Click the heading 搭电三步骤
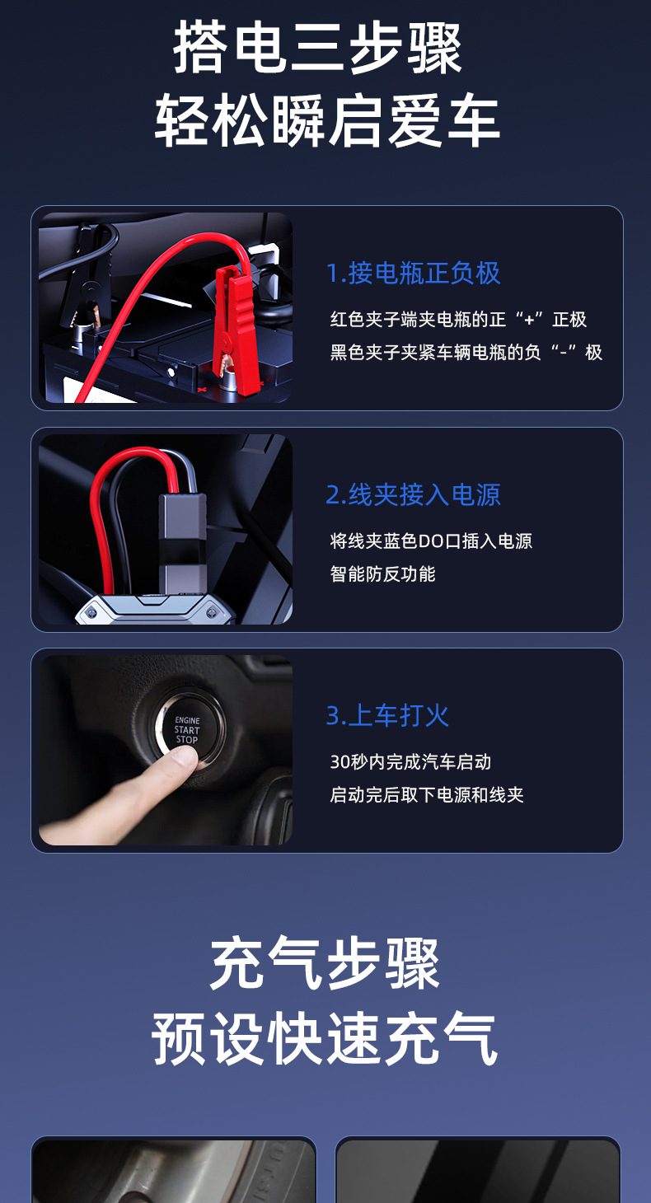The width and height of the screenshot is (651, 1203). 317,49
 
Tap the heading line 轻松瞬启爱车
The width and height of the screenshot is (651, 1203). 327,120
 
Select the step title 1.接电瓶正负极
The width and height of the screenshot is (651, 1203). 413,274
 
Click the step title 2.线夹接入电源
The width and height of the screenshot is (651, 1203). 413,494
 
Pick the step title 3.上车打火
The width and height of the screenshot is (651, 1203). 387,716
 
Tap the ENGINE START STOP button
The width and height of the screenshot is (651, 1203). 188,728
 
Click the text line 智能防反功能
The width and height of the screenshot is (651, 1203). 382,574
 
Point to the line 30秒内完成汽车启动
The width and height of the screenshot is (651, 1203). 410,762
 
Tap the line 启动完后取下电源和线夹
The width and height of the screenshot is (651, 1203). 427,795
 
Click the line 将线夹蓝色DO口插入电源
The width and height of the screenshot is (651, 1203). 431,541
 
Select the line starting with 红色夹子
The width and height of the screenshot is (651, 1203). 458,320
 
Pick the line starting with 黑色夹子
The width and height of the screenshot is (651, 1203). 466,353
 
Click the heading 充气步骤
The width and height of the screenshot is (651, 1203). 325,965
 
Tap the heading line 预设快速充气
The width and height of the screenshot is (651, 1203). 325,1039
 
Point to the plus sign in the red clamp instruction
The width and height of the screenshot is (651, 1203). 529,320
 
